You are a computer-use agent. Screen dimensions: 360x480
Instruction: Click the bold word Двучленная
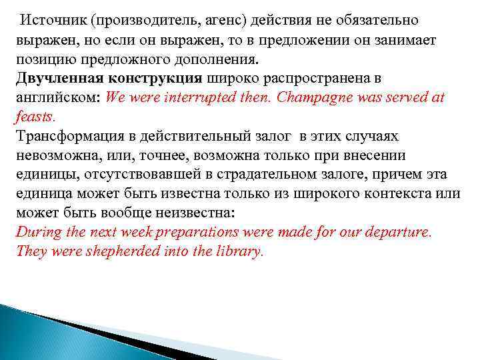[x=57, y=77]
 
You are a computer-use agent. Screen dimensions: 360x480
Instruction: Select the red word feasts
[x=34, y=116]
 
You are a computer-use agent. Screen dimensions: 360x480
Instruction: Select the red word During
[x=37, y=233]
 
